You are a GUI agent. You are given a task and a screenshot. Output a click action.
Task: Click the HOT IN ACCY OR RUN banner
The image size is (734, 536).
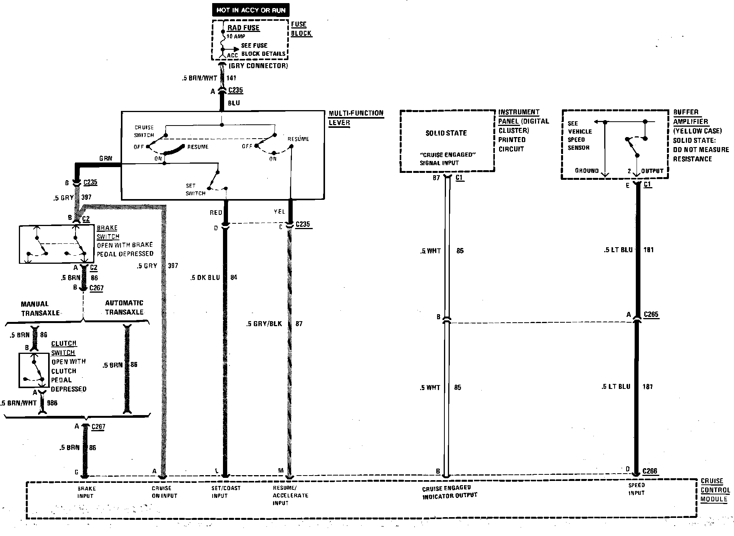coord(251,10)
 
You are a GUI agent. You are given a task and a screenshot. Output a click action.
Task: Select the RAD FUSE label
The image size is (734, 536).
coord(243,28)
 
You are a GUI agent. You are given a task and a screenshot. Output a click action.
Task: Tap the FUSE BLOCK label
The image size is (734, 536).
coord(301,29)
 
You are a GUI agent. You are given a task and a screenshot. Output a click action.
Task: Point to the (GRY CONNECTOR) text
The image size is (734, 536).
coord(258,66)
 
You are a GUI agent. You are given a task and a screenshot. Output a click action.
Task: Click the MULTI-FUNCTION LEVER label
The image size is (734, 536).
coord(355,118)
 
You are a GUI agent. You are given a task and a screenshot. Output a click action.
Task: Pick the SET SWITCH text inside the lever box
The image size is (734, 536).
coord(195,189)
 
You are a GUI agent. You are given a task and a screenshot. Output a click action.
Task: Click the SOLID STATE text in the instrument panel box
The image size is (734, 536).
coord(446,133)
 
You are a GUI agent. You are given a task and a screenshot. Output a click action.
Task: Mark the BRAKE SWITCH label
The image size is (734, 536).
coord(107,232)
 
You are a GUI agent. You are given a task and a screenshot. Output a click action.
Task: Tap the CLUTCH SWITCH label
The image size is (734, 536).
coord(64,348)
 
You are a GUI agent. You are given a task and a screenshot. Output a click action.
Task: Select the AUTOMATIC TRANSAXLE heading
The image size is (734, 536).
coord(124,308)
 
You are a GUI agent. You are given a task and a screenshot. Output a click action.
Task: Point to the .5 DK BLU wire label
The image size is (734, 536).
coord(205,278)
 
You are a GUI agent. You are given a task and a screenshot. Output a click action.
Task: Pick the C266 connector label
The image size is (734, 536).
coord(650,471)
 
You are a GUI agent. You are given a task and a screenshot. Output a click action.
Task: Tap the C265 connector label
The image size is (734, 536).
coord(651,315)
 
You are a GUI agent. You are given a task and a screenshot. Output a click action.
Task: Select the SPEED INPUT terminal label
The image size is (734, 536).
coord(636,489)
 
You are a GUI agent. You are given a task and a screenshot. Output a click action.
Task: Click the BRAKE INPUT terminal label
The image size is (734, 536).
coord(86,492)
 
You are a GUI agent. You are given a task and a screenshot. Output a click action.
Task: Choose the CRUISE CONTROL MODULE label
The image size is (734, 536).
coord(715,490)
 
